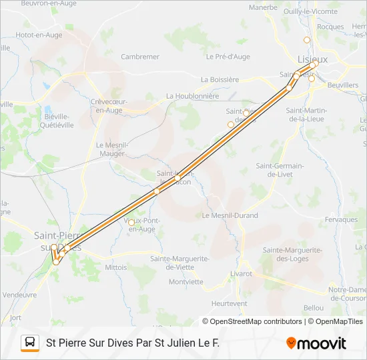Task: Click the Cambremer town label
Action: pyautogui.click(x=140, y=57)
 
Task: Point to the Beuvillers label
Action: pyautogui.click(x=343, y=86)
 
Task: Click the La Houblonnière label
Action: pyautogui.click(x=193, y=96)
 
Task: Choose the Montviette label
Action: pyautogui.click(x=186, y=281)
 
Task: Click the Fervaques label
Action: pyautogui.click(x=343, y=219)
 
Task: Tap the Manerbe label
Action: pyautogui.click(x=263, y=8)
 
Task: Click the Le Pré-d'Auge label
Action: pyautogui.click(x=228, y=57)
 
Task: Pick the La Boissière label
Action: pyautogui.click(x=220, y=79)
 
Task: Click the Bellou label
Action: pyautogui.click(x=313, y=308)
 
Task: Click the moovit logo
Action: pyautogui.click(x=316, y=343)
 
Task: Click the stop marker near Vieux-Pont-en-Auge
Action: pyautogui.click(x=131, y=222)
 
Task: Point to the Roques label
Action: pyautogui.click(x=330, y=27)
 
